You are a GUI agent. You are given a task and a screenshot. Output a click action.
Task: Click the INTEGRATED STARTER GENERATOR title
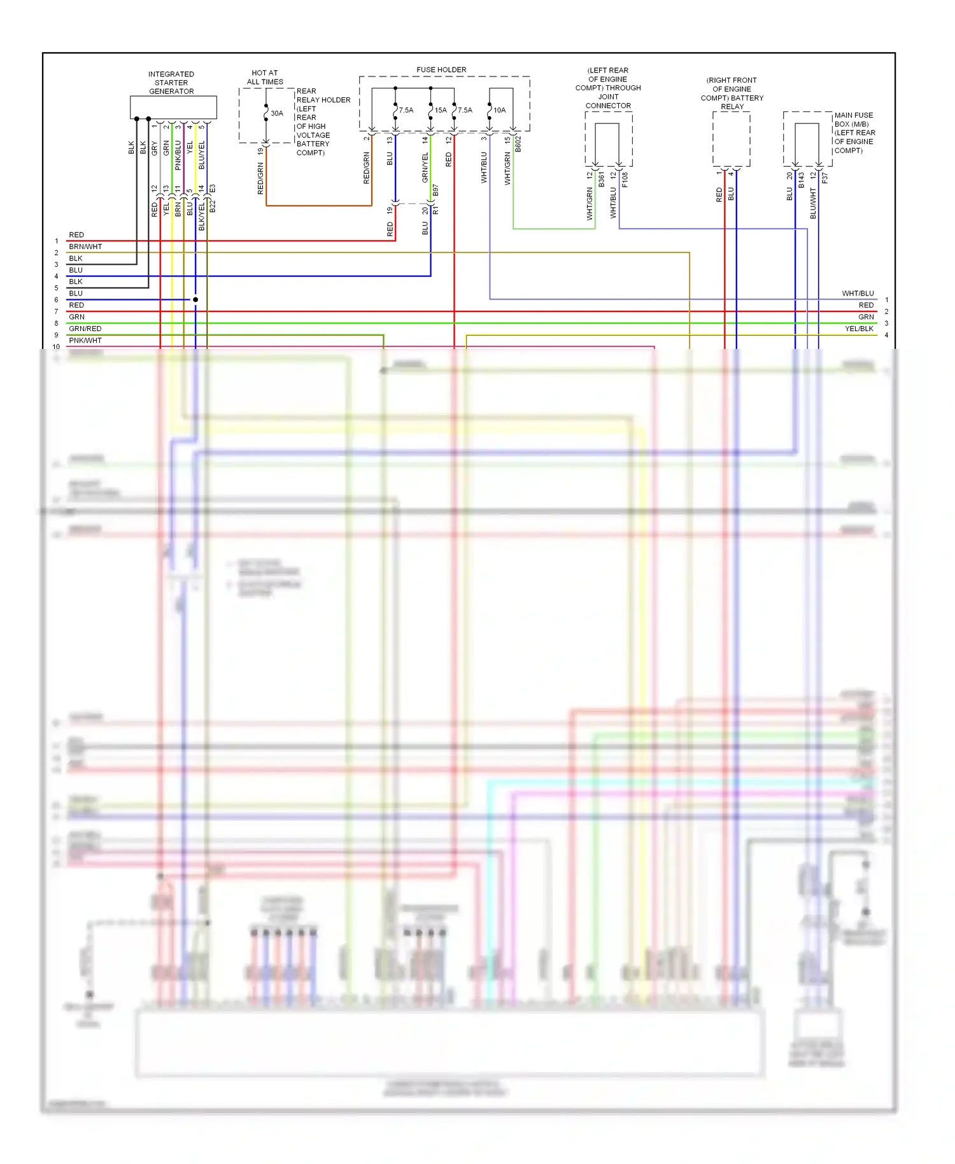pyautogui.click(x=171, y=83)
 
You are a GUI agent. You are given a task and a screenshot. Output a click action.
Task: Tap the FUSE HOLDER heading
pyautogui.click(x=441, y=69)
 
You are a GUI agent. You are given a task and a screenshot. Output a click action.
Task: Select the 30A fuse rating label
pyautogui.click(x=277, y=113)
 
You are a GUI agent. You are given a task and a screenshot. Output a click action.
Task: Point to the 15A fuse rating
pyautogui.click(x=441, y=110)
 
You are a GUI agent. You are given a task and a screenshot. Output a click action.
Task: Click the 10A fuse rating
pyautogui.click(x=500, y=110)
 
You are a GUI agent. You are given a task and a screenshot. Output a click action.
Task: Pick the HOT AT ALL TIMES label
pyautogui.click(x=265, y=77)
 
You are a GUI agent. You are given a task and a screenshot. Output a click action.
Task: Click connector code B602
pyautogui.click(x=518, y=144)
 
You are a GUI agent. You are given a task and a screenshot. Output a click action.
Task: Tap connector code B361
pyautogui.click(x=601, y=179)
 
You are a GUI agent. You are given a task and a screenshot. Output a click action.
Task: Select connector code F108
pyautogui.click(x=625, y=180)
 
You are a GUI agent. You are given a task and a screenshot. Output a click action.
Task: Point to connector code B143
pyautogui.click(x=802, y=180)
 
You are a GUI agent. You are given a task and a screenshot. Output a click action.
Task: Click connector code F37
pyautogui.click(x=825, y=178)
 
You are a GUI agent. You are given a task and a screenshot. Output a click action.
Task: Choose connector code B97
pyautogui.click(x=436, y=190)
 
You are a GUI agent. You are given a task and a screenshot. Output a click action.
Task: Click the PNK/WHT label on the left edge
pyautogui.click(x=85, y=341)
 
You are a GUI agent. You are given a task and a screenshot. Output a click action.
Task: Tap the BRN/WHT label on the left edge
pyautogui.click(x=85, y=246)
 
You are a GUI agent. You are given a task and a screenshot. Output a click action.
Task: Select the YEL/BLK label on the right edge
pyautogui.click(x=859, y=329)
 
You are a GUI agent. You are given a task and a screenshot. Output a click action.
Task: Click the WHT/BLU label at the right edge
pyautogui.click(x=858, y=294)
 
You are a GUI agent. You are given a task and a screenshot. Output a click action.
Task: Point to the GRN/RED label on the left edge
pyautogui.click(x=85, y=329)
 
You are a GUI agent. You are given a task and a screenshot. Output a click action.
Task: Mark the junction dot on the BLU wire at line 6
pyautogui.click(x=195, y=299)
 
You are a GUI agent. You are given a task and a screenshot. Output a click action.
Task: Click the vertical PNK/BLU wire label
pyautogui.click(x=178, y=155)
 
